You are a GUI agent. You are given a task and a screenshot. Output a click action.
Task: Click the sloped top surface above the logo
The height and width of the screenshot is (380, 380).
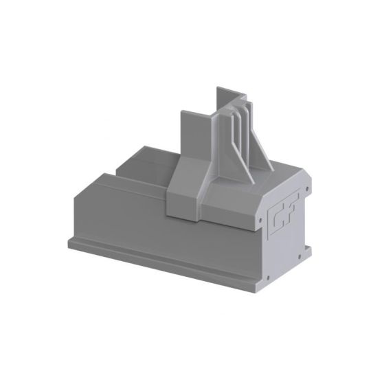275,182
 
